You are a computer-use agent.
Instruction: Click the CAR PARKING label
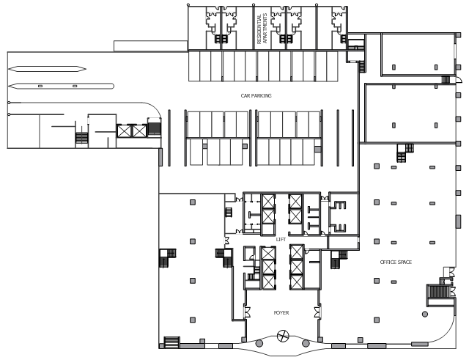point(256,96)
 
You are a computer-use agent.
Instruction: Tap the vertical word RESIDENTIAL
point(259,29)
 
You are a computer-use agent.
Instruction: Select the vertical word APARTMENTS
point(265,29)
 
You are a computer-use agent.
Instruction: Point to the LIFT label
point(281,240)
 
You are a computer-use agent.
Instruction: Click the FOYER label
point(281,313)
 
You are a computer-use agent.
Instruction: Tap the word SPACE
point(405,262)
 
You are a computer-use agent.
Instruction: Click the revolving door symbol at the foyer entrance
point(283,336)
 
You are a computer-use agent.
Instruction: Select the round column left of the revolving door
point(259,343)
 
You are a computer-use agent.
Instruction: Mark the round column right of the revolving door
point(306,343)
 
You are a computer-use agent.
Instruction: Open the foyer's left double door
point(247,312)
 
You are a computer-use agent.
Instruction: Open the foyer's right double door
point(317,312)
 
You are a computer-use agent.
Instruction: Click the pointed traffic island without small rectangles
point(47,69)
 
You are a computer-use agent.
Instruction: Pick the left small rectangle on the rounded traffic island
point(40,87)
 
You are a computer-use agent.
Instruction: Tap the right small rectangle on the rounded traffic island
point(75,87)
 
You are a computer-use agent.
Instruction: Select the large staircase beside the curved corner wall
point(439,292)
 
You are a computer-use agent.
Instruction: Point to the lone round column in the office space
point(425,315)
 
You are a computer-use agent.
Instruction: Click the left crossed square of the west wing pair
point(124,131)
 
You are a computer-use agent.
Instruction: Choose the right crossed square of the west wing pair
point(139,131)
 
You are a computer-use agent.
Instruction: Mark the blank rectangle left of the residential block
point(151,46)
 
